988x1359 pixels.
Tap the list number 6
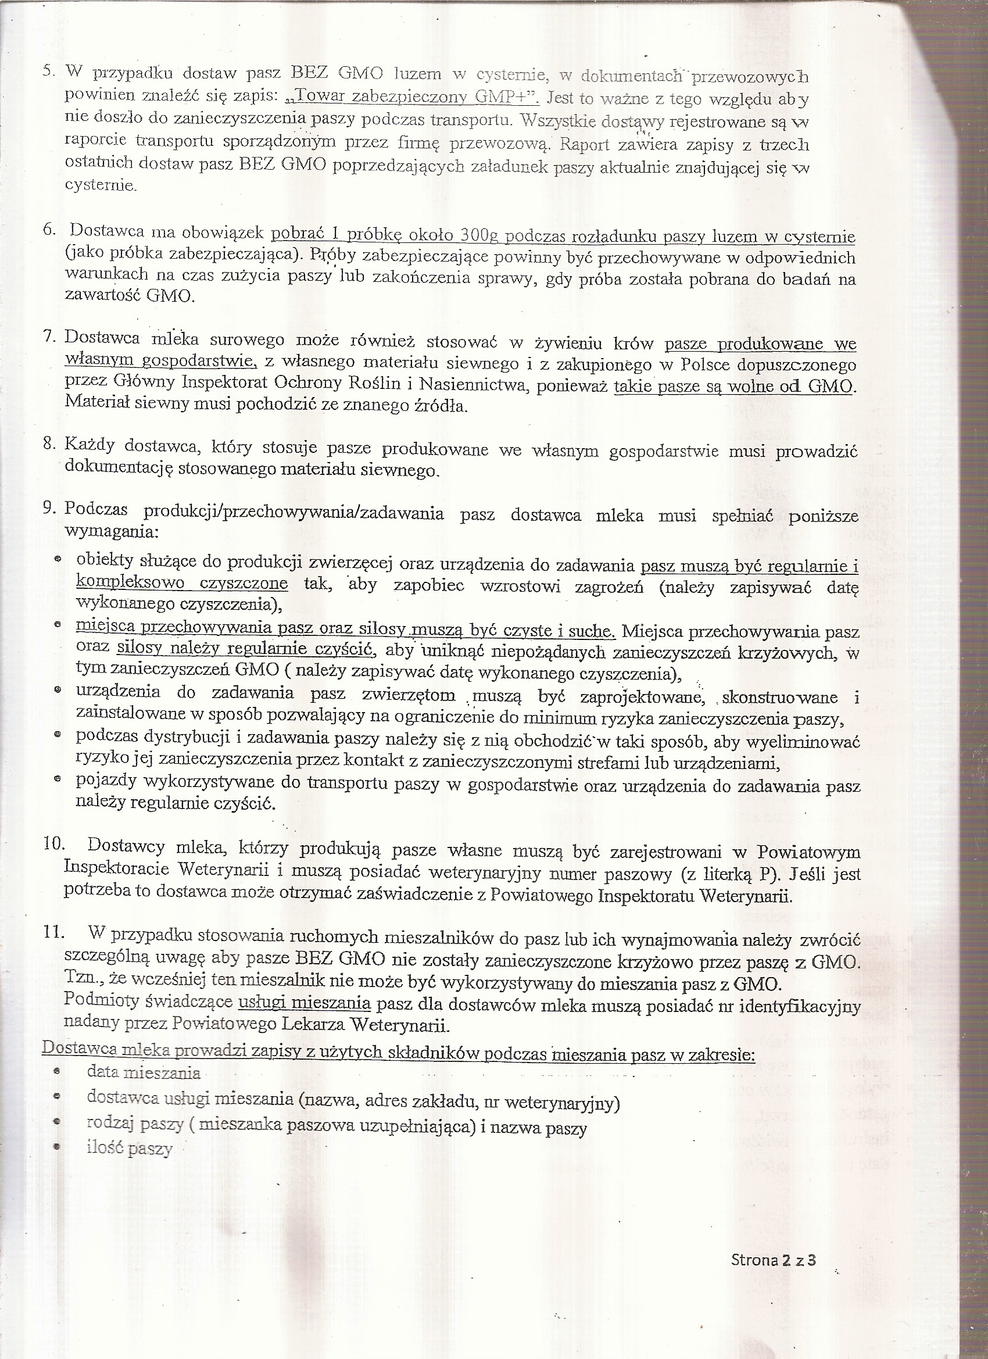pyautogui.click(x=49, y=230)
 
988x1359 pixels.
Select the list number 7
pyautogui.click(x=49, y=337)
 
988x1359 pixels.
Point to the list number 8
pyautogui.click(x=49, y=444)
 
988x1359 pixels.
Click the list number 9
pyautogui.click(x=49, y=508)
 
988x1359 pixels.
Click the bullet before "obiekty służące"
pyautogui.click(x=58, y=559)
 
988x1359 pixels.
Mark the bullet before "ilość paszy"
pyautogui.click(x=58, y=1146)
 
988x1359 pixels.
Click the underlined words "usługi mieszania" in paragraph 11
pyautogui.click(x=305, y=1003)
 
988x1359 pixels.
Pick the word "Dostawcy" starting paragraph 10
pyautogui.click(x=126, y=847)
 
